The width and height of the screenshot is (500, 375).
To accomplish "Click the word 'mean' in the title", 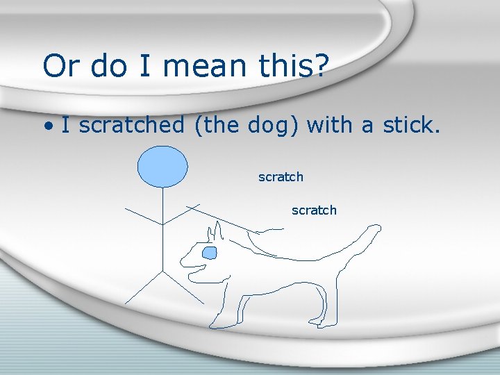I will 212,67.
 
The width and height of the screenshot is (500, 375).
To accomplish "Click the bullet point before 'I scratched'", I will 47,126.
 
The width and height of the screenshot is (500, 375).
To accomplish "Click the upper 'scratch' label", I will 281,177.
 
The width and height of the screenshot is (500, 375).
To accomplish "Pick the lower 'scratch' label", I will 314,210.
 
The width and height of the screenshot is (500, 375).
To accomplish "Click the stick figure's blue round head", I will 162,167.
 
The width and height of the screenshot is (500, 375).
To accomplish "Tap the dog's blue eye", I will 209,253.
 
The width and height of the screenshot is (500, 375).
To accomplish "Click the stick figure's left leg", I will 142,287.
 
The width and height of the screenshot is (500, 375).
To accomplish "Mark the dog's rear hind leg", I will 326,306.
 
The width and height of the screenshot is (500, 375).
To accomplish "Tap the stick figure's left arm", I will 142,215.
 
